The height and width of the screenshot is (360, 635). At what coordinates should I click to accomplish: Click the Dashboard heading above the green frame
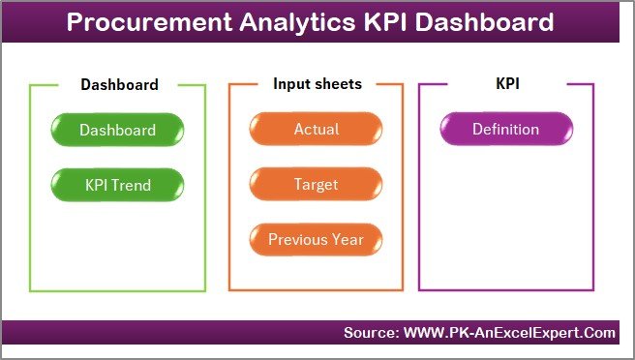[x=119, y=84]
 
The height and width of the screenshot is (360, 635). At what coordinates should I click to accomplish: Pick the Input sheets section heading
[x=317, y=84]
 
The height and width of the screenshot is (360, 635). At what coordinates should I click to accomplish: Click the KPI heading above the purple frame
[x=507, y=84]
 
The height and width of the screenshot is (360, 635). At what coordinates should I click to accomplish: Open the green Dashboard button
[x=117, y=129]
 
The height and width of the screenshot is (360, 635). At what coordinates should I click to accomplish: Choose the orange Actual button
[x=316, y=129]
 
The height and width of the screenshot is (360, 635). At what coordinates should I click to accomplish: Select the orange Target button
[x=316, y=183]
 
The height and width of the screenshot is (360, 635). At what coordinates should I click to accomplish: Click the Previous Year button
[x=316, y=238]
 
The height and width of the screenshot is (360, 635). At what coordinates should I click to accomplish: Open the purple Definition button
[x=505, y=129]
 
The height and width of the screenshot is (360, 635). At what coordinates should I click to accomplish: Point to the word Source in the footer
[x=372, y=333]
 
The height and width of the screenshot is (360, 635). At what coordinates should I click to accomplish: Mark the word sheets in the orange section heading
[x=339, y=84]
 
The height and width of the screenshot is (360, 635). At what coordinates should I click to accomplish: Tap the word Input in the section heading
[x=291, y=84]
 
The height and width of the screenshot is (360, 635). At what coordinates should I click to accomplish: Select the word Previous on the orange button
[x=299, y=238]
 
